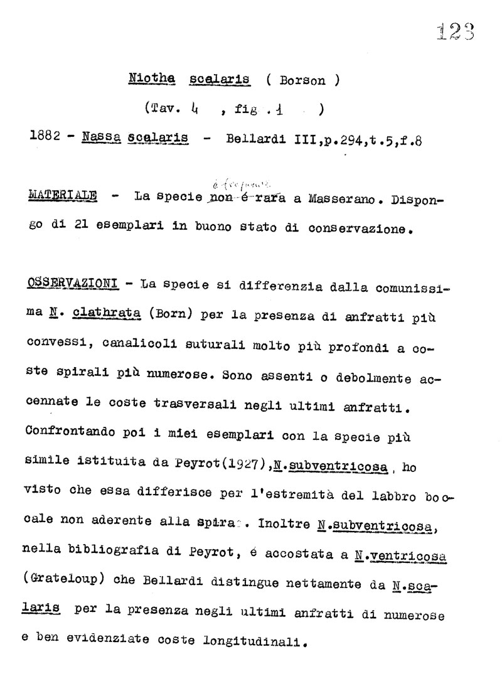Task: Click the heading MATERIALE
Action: [63, 195]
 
